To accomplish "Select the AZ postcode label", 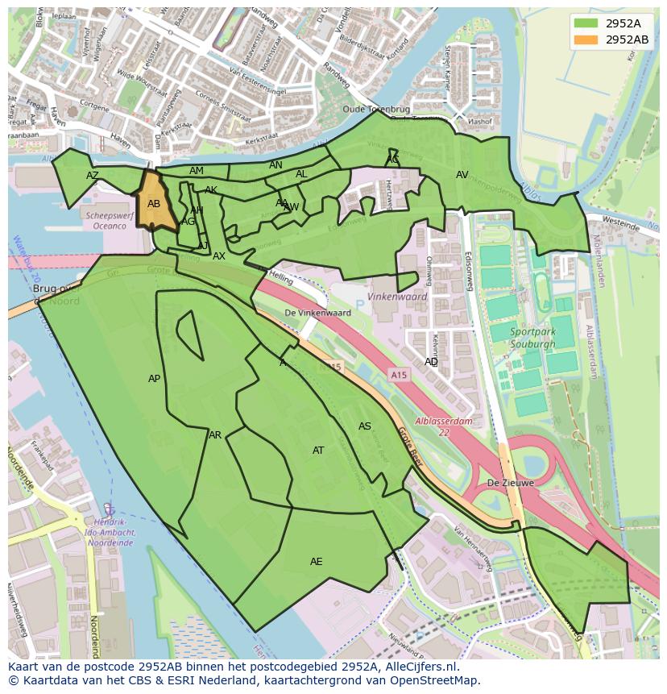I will pos(93,176).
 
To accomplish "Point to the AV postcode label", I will pos(462,175).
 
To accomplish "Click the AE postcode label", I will pos(317,562).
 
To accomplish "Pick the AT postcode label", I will pos(318,451).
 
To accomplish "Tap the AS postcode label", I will pos(365,426).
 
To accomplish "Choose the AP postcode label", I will pos(155,379).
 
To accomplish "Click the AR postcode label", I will pos(215,435).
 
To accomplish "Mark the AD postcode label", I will pos(432,362).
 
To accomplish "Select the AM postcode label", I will pos(197,171).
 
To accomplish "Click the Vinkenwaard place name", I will pos(396,297).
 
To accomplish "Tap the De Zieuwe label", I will pos(511,484).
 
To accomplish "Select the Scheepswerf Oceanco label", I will pos(110,221).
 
